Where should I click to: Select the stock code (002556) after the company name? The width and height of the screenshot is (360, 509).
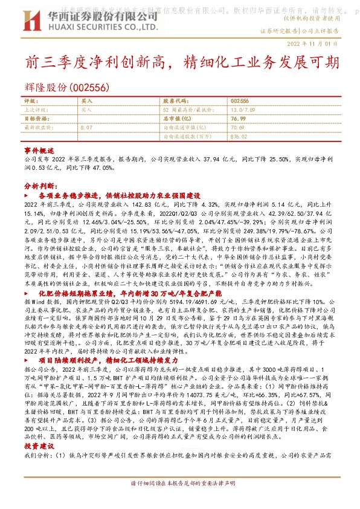pos(89,87)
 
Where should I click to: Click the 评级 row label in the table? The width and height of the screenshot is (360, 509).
pos(30,101)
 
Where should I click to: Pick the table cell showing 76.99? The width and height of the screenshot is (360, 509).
pos(238,119)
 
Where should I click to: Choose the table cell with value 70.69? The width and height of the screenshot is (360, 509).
pos(237,128)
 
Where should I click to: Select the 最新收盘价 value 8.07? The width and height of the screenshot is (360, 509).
pos(86,128)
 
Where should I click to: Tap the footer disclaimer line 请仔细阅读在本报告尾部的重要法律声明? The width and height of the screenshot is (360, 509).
pos(179,501)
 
